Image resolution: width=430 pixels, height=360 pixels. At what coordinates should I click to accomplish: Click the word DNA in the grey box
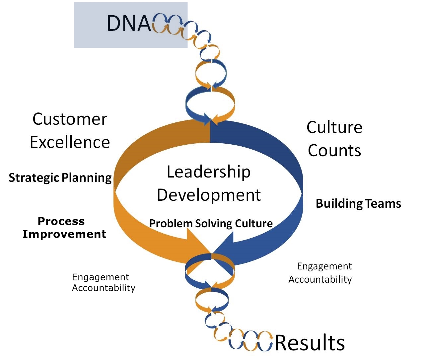pos(129,23)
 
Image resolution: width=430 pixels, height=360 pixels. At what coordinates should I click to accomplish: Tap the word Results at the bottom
pos(310,342)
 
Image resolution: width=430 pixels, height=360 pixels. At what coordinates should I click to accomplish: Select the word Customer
pos(70,119)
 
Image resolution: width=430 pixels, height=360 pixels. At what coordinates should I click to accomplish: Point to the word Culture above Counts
pos(334,127)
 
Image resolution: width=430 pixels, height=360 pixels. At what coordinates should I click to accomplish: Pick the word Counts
pos(334,150)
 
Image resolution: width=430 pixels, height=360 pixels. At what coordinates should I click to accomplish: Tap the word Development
pos(209,195)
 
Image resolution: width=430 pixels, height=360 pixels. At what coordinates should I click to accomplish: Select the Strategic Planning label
pos(60,178)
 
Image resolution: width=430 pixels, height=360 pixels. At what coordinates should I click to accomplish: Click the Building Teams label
pos(358,203)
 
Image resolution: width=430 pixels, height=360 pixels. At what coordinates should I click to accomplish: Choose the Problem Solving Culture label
pos(211,223)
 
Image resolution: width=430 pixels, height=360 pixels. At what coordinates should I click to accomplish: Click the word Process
pos(61,221)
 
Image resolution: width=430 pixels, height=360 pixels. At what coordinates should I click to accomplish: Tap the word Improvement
pos(64,234)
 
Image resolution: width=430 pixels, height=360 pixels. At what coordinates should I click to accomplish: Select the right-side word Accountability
pos(320,279)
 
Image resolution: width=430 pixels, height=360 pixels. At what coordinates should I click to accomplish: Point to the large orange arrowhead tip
pos(210,253)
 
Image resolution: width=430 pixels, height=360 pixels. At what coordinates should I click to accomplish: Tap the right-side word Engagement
pos(324,266)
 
